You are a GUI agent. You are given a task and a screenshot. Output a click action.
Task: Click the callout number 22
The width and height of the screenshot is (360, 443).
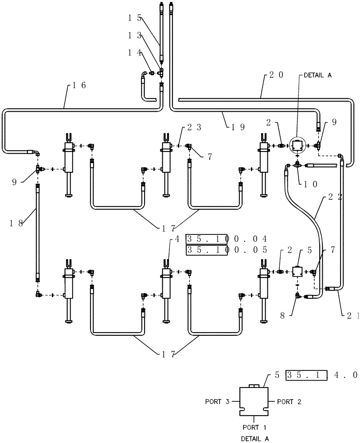tap(334, 198)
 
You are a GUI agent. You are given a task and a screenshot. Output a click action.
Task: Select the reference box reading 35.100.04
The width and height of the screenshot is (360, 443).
tap(227, 239)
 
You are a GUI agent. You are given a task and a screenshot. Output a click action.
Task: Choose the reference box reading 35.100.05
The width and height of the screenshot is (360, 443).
tap(227, 250)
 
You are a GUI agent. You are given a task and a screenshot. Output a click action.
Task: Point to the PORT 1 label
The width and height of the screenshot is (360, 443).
tap(254, 428)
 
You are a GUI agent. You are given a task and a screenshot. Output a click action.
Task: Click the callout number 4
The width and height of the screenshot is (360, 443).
tap(177, 239)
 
